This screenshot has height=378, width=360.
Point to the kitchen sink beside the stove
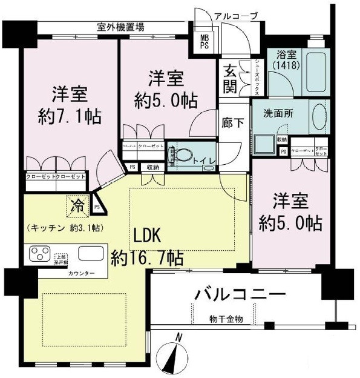point(90,253)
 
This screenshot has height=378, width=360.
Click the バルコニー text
point(240,295)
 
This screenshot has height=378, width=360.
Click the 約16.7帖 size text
point(147,259)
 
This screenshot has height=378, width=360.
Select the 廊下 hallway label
point(234,122)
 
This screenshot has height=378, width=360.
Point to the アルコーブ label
point(237,16)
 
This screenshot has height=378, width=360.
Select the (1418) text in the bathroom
point(281,65)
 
